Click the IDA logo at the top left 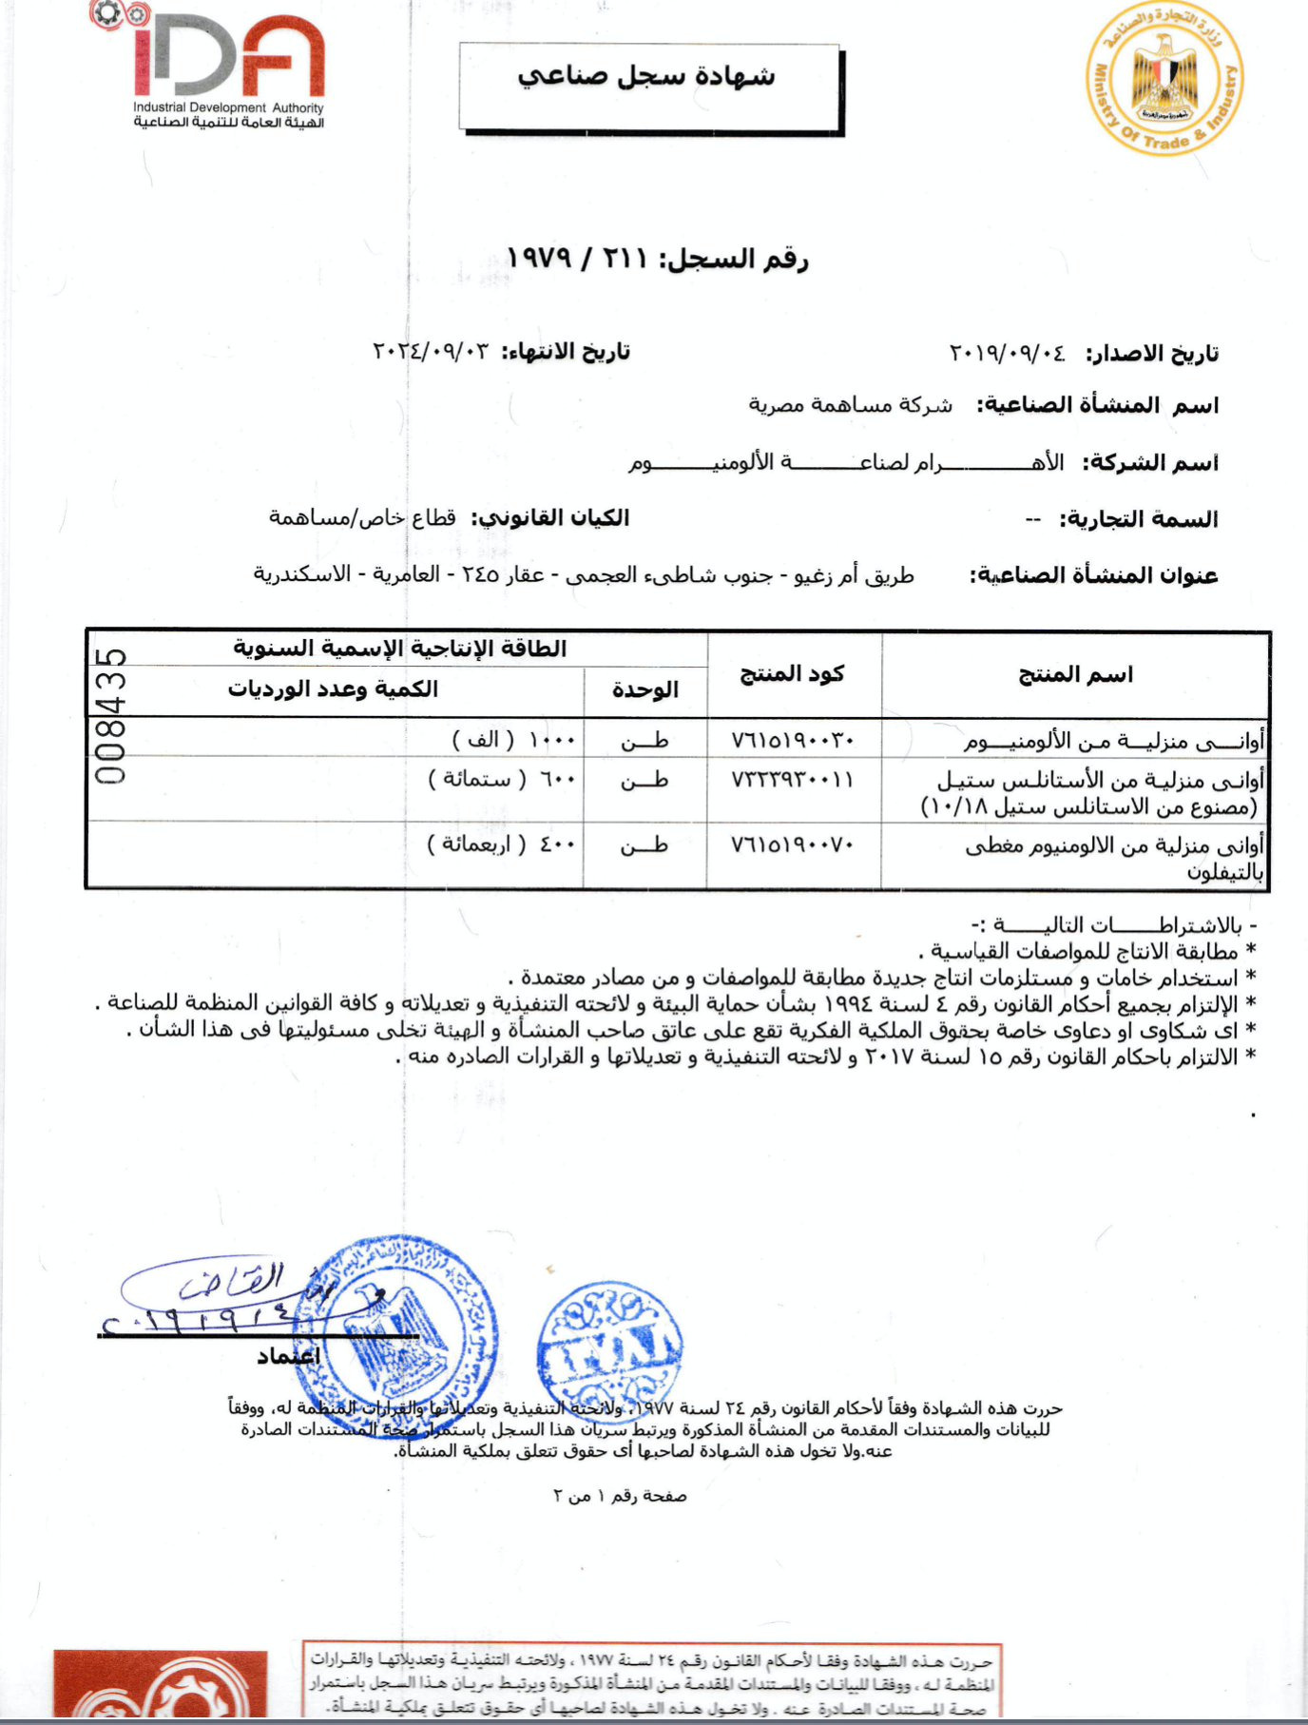(228, 67)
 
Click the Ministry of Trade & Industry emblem (1165, 79)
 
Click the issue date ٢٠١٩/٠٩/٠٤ (1007, 354)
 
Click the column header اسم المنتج (1075, 674)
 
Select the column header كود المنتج (792, 673)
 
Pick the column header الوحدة (644, 689)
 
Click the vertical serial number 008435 (111, 715)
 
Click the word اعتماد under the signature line (288, 1356)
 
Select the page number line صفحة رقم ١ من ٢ (620, 1496)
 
